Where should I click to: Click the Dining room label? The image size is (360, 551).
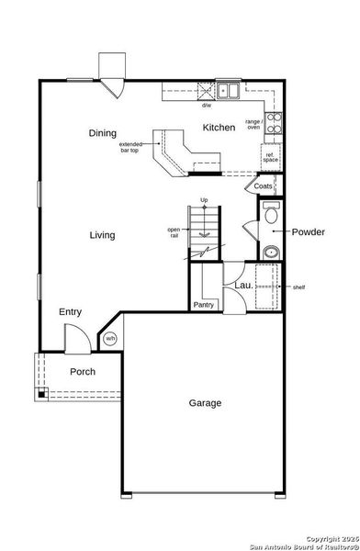(102, 133)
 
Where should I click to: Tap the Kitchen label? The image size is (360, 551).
(219, 128)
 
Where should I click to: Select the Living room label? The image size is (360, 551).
(102, 235)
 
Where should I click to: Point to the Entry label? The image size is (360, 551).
(71, 312)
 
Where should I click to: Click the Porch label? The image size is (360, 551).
(84, 372)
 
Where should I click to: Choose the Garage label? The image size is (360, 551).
(206, 402)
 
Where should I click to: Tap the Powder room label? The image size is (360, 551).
(309, 231)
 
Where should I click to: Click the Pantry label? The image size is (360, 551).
(203, 305)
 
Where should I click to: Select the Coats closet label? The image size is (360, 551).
(264, 186)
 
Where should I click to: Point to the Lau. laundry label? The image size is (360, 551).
(243, 286)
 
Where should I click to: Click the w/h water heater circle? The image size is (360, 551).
(110, 339)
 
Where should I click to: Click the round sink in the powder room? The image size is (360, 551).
(271, 253)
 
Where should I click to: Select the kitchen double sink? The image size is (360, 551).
(228, 91)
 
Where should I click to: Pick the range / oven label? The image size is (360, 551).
(254, 124)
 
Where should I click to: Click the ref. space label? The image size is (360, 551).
(271, 157)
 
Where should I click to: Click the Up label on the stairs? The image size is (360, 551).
(204, 200)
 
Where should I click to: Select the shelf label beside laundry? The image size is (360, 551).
(298, 287)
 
